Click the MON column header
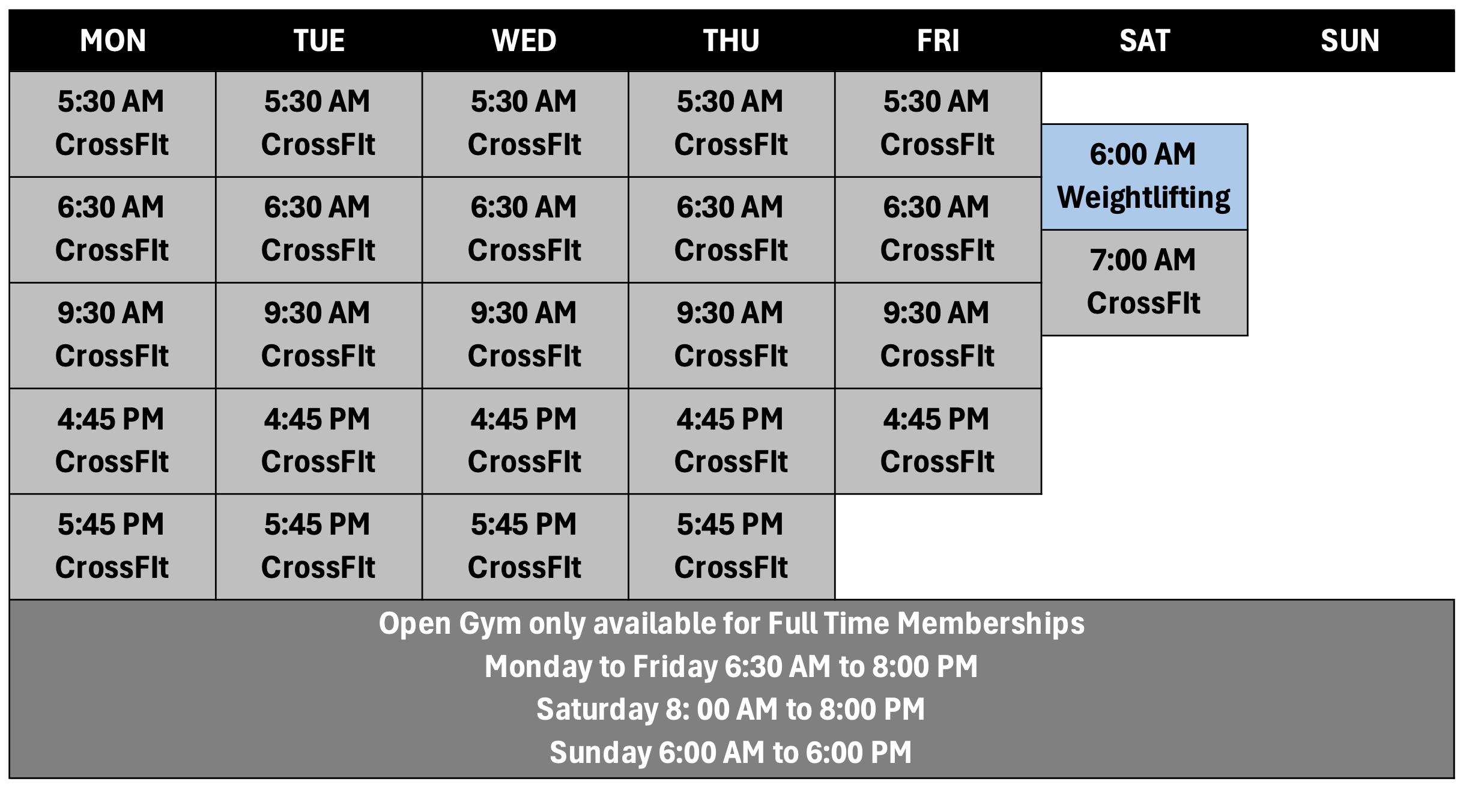[x=113, y=41]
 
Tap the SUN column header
[x=1349, y=41]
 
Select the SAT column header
[x=1144, y=41]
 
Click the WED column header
[x=524, y=41]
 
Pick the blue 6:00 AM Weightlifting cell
[x=1144, y=177]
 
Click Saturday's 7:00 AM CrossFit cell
[x=1144, y=282]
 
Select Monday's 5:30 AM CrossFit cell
[x=112, y=124]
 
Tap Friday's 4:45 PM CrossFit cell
[x=937, y=441]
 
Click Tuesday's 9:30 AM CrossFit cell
[x=318, y=335]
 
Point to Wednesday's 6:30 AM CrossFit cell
[x=524, y=229]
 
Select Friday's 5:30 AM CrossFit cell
[x=937, y=124]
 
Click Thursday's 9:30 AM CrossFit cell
[x=731, y=335]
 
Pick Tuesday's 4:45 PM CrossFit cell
[x=318, y=441]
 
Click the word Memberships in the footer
[x=991, y=624]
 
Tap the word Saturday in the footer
[x=597, y=709]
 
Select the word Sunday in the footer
[x=600, y=753]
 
